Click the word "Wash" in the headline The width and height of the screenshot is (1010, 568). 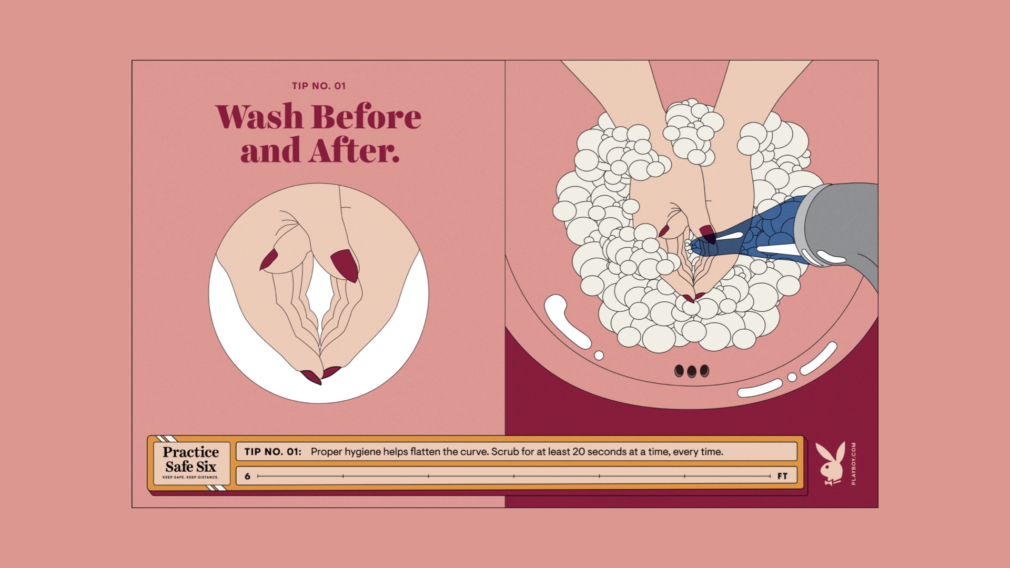pos(259,116)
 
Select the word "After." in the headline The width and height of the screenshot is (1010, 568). pos(354,150)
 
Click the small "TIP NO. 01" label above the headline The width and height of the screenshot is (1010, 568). pos(319,86)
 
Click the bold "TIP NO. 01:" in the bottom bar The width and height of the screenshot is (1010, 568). pos(272,452)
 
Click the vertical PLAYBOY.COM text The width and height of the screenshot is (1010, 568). pos(853,463)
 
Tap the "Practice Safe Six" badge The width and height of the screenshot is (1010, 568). pos(190,463)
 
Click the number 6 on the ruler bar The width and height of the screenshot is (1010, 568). pos(247,476)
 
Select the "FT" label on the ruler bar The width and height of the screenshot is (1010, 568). pos(782,476)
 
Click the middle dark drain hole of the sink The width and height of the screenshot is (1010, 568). pos(692,371)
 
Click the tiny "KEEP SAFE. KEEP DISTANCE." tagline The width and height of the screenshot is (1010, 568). pos(190,478)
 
